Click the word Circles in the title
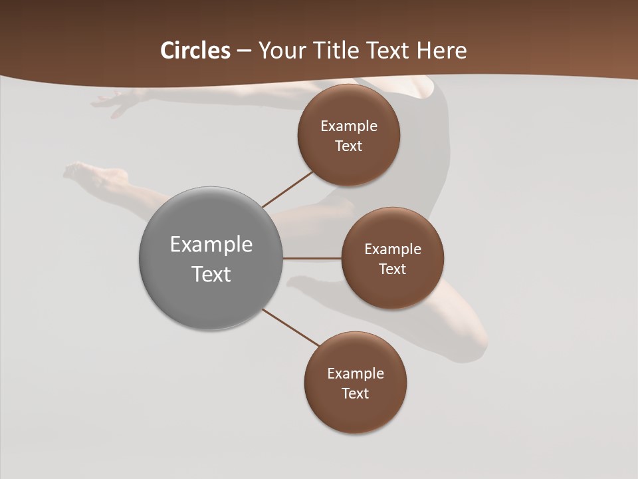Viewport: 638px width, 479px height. [195, 51]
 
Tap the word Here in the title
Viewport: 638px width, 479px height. [441, 51]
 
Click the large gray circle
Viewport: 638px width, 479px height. [211, 258]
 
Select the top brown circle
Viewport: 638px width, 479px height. [348, 135]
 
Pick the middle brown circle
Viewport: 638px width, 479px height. [392, 258]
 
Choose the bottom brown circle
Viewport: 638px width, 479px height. [355, 383]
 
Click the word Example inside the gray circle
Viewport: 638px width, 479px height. [211, 245]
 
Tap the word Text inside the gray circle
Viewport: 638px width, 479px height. [211, 274]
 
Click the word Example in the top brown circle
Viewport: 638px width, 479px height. [349, 126]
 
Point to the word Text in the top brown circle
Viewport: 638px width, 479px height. [348, 146]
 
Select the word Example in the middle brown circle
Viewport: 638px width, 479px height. [393, 249]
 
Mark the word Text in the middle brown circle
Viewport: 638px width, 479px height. [392, 269]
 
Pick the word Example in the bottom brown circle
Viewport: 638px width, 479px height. [356, 374]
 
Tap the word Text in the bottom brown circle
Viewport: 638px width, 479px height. [355, 394]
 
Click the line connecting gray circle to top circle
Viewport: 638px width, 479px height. [288, 189]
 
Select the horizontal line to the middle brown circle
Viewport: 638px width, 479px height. [312, 258]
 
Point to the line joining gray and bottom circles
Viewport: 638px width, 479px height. [291, 327]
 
